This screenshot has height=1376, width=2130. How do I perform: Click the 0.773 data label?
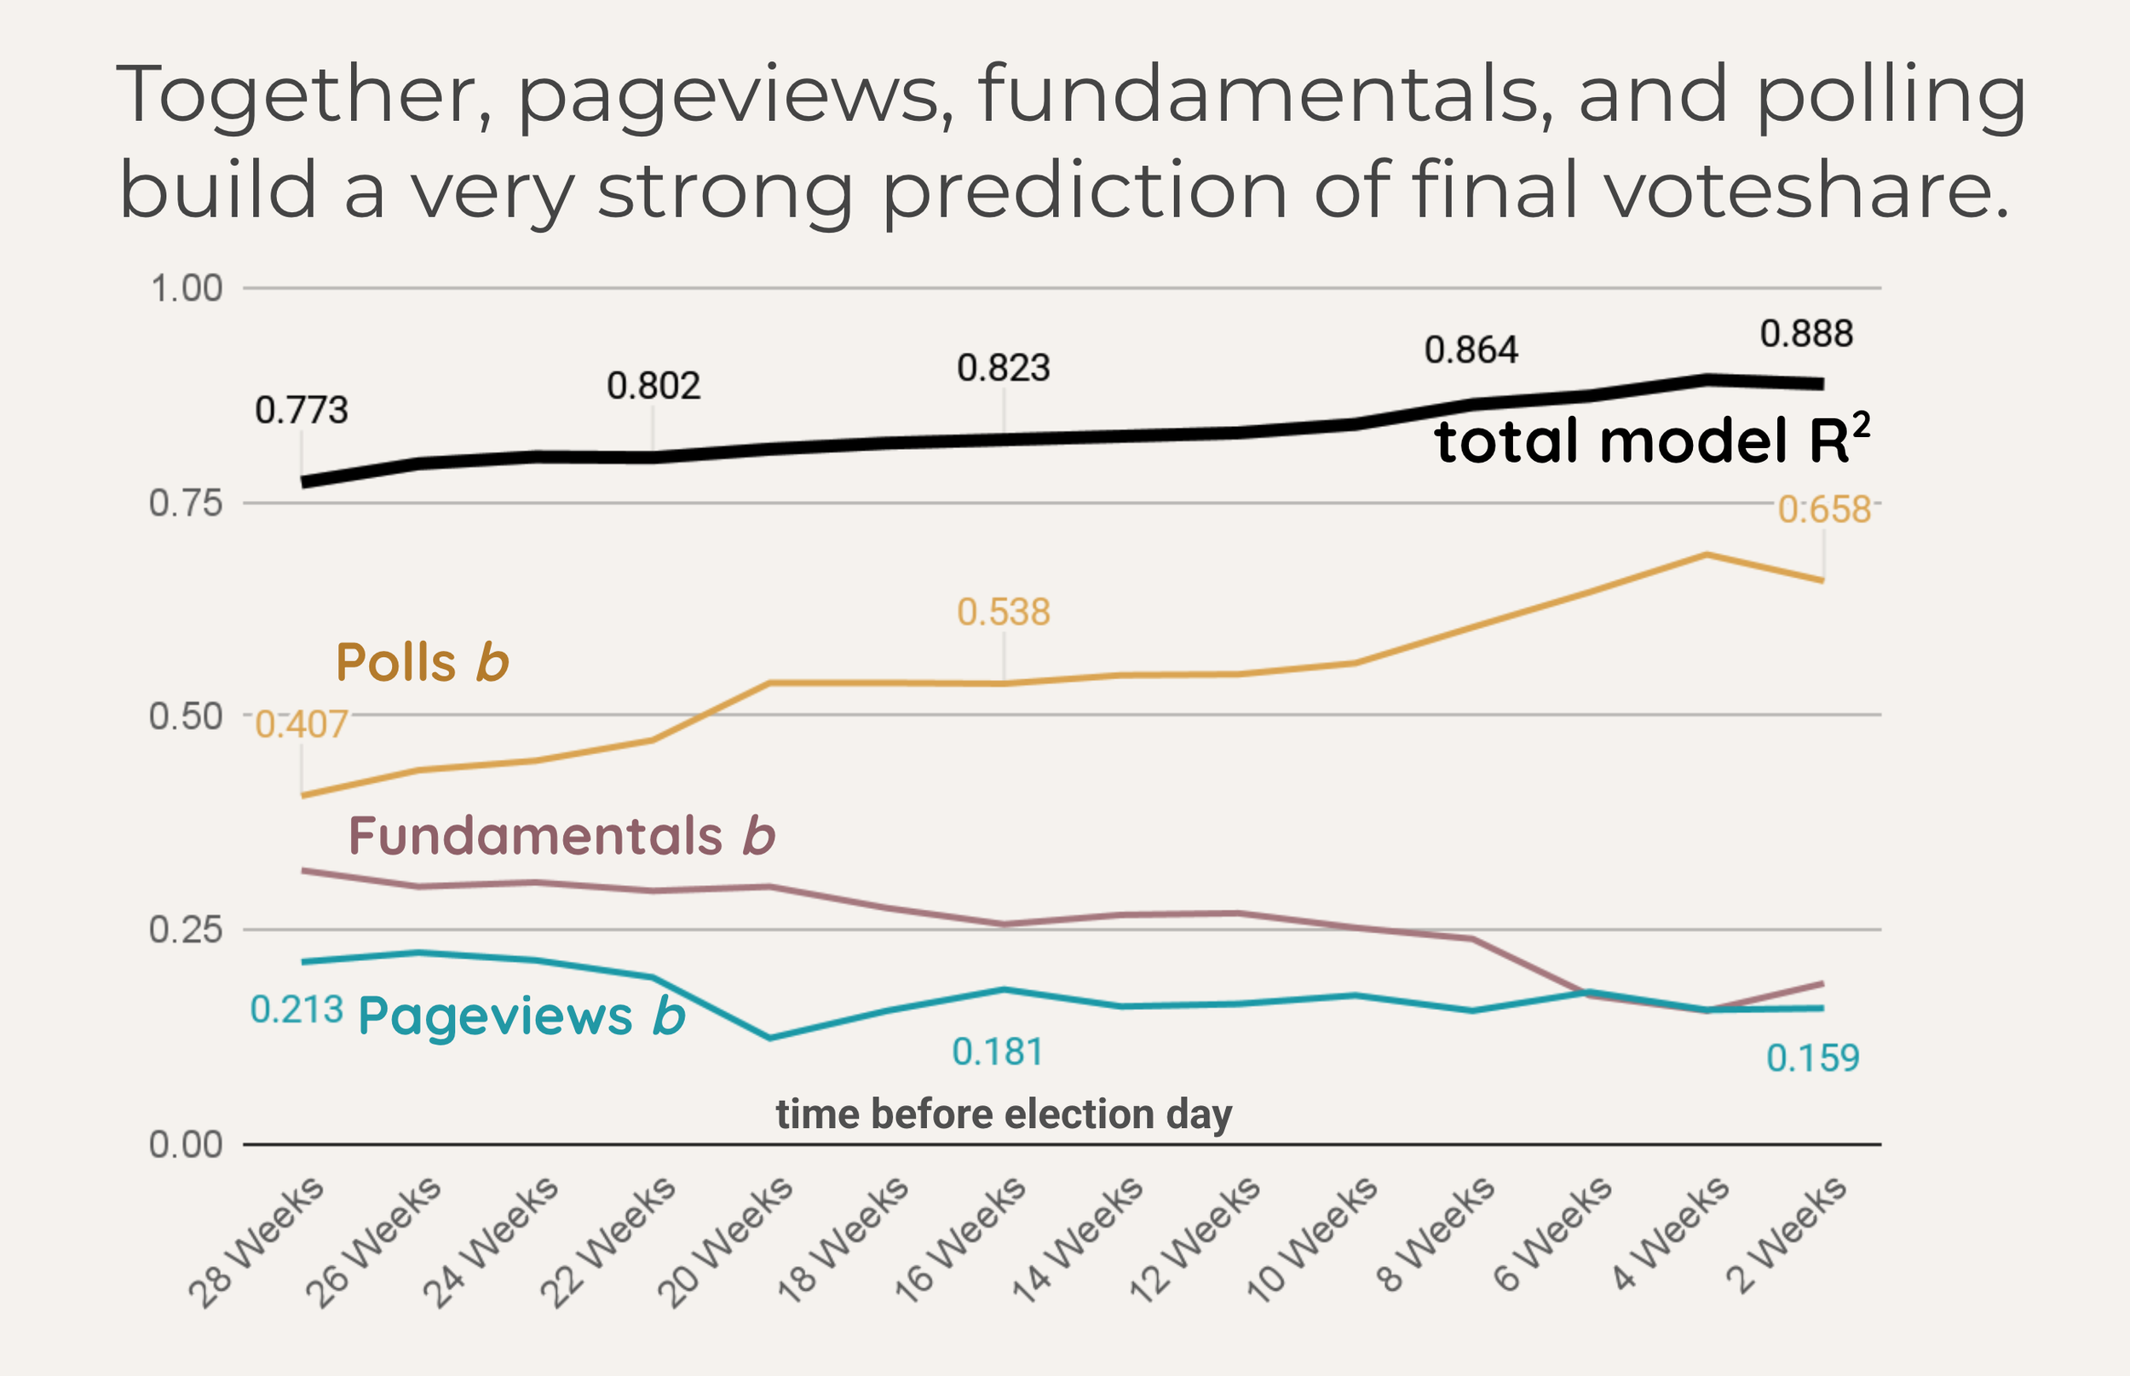301,410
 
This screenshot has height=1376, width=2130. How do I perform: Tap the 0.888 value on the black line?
1805,334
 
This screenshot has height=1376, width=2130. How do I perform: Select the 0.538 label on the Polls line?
1004,612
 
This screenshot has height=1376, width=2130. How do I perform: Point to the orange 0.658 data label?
1823,510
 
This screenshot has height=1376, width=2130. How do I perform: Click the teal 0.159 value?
1813,1058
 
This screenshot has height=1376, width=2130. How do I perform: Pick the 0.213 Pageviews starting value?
296,1010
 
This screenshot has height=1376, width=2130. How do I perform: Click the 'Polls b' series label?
422,662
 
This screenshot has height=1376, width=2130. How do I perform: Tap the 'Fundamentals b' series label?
561,836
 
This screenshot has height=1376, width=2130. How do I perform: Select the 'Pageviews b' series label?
521,1016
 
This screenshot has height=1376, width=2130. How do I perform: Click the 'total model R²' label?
1651,440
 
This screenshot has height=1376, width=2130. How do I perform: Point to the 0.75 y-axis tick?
186,504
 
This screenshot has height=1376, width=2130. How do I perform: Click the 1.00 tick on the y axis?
186,289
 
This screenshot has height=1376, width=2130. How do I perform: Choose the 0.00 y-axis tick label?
186,1144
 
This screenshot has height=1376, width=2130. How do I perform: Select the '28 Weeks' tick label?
256,1242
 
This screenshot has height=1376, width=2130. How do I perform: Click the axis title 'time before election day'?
1004,1114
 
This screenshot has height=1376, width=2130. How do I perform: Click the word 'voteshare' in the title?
1806,189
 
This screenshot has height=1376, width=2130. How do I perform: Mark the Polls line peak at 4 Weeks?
1707,555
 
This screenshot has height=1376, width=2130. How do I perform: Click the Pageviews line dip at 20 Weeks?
770,1039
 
